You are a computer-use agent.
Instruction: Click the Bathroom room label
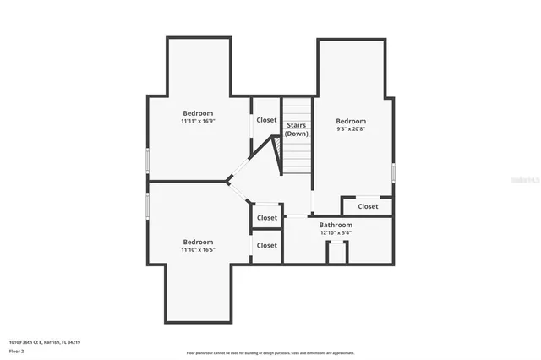click(x=336, y=225)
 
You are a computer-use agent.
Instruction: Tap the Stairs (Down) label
click(x=296, y=129)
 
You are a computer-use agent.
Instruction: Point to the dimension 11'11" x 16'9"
click(x=198, y=122)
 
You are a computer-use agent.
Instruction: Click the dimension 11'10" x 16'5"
click(x=198, y=250)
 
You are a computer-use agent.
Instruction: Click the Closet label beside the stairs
click(x=266, y=120)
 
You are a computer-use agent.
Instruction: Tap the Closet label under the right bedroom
click(x=368, y=206)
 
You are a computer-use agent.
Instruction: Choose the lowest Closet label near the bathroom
click(x=266, y=246)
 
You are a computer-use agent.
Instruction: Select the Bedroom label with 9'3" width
click(x=351, y=121)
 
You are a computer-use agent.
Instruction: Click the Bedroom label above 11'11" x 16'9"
click(x=198, y=112)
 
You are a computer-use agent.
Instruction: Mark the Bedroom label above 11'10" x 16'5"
click(x=198, y=241)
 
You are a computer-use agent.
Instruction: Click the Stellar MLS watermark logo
click(x=524, y=180)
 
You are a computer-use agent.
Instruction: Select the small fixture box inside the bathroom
click(x=337, y=251)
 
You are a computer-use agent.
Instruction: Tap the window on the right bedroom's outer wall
click(x=393, y=172)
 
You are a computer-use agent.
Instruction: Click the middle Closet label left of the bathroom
click(x=266, y=218)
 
